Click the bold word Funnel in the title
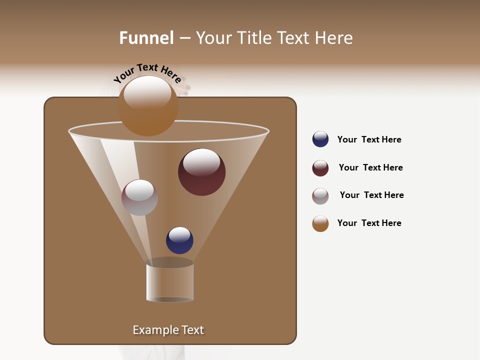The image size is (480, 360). [146, 38]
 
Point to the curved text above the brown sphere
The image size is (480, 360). [147, 72]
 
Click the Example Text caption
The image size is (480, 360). [168, 330]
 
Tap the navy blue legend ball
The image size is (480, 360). [320, 139]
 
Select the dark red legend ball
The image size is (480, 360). [320, 168]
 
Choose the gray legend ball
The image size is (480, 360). [320, 196]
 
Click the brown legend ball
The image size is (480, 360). [320, 223]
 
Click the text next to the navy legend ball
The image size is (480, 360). [369, 139]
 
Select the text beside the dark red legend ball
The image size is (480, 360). [370, 167]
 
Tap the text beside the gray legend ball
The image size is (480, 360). [371, 195]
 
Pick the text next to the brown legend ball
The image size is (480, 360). [369, 223]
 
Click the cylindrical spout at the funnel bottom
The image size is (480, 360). [170, 282]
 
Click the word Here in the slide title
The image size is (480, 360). [334, 38]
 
